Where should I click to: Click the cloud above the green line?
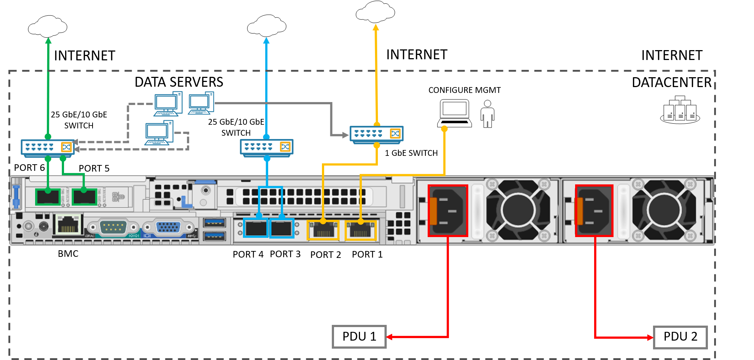(48, 26)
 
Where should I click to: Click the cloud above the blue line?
(266, 26)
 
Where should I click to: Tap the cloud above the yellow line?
(375, 12)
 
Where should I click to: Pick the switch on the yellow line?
(376, 134)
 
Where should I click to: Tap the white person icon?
(487, 114)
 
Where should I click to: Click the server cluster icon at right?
(680, 110)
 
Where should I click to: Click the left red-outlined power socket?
(448, 211)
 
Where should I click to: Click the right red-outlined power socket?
(594, 211)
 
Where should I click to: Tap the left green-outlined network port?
(48, 197)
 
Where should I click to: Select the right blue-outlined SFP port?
(281, 228)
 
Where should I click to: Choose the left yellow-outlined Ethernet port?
(323, 230)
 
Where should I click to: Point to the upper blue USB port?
(214, 222)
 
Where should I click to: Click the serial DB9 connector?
(113, 227)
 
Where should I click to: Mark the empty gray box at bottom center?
(359, 337)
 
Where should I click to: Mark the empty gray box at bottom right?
(680, 337)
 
